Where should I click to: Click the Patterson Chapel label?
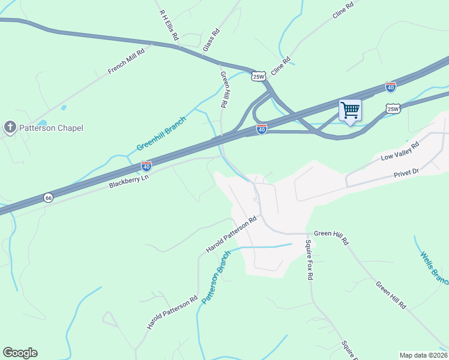click(x=50, y=128)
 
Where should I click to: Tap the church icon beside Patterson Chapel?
click(x=10, y=127)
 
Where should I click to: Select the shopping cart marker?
click(x=350, y=110)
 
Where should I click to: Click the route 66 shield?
click(x=48, y=197)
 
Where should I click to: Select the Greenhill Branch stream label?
click(x=161, y=134)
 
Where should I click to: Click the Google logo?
click(x=20, y=353)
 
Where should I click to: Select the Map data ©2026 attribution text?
click(x=423, y=355)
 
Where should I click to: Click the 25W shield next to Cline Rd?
click(x=258, y=76)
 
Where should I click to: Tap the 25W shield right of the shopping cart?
click(x=393, y=109)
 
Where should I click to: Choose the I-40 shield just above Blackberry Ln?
click(x=146, y=165)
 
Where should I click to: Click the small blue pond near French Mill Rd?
click(x=63, y=108)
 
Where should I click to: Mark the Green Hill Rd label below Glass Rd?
click(x=224, y=90)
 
